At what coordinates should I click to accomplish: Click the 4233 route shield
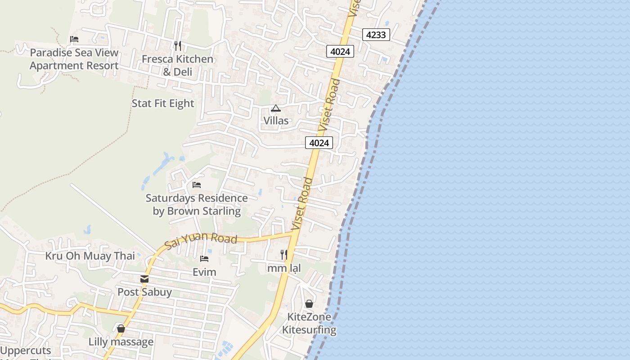[376, 35]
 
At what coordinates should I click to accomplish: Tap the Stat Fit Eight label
[163, 103]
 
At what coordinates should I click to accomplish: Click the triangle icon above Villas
[276, 108]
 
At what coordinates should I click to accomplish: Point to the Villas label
[276, 121]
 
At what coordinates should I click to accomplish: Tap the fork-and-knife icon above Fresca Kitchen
[177, 45]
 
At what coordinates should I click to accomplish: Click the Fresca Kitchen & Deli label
[177, 65]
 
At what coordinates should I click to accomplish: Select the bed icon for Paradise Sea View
[74, 39]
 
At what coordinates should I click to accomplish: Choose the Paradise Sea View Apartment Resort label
[74, 59]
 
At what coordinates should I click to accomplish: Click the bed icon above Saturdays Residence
[196, 184]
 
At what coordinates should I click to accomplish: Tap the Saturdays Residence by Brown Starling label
[197, 204]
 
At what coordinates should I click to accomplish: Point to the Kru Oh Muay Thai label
[90, 256]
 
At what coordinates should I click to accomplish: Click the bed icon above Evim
[204, 259]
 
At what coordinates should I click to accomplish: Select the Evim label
[204, 272]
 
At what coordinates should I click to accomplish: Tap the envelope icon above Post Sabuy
[144, 279]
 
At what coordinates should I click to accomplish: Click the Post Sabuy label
[144, 292]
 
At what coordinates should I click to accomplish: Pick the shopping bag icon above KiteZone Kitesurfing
[309, 304]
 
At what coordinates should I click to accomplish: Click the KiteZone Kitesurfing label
[309, 323]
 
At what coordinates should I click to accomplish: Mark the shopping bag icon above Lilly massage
[121, 328]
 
